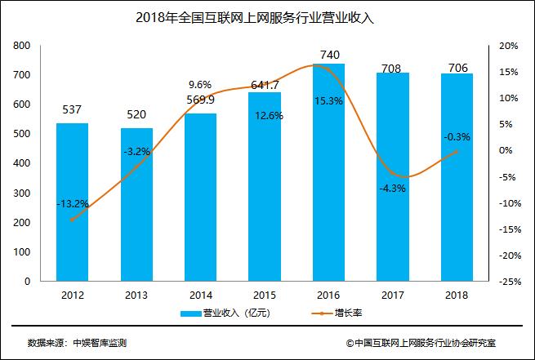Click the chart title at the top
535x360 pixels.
[268, 16]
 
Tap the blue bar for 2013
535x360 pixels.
[137, 204]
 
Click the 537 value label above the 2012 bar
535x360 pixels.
[73, 109]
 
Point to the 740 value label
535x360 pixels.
[330, 55]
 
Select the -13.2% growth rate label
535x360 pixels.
[73, 203]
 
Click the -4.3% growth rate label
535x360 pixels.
[394, 189]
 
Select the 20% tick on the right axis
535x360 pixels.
[509, 46]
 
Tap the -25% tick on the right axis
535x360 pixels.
[510, 282]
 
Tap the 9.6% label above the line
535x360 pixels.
[200, 84]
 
